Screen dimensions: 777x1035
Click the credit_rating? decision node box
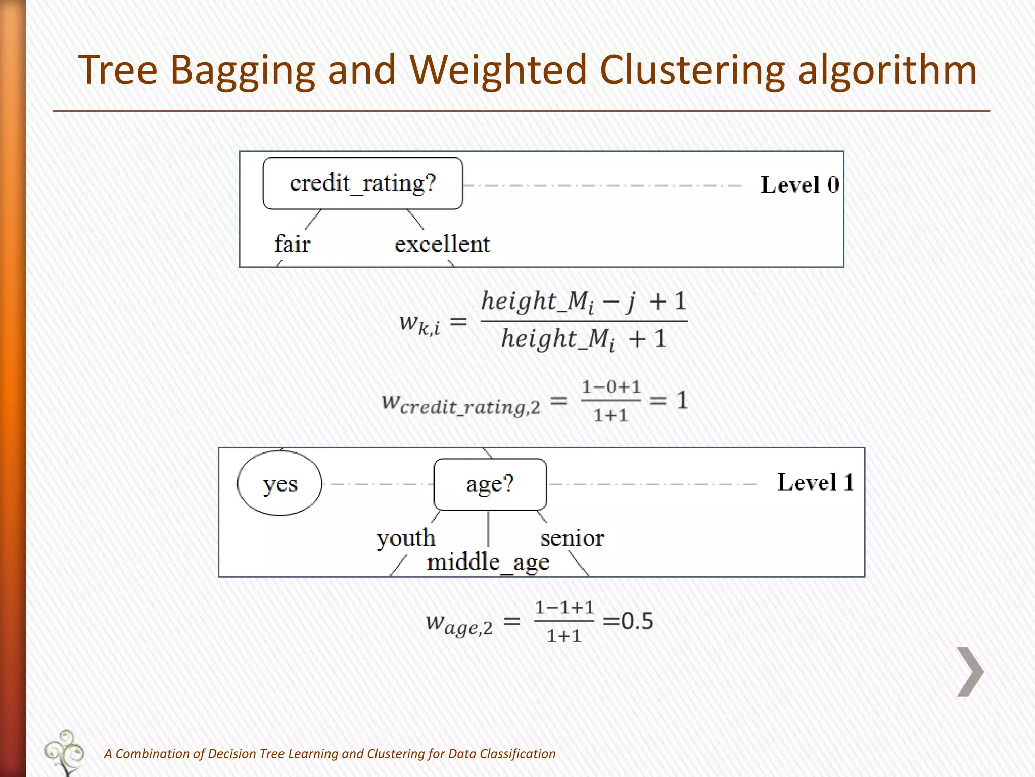(362, 183)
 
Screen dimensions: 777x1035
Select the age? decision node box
(490, 484)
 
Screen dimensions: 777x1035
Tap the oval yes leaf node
(279, 484)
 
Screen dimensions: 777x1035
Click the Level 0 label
(799, 185)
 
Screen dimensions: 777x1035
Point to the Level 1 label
(815, 482)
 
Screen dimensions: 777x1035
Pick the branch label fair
(292, 244)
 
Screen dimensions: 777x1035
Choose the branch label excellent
(442, 244)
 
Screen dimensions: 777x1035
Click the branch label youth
(405, 538)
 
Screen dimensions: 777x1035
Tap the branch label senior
(572, 538)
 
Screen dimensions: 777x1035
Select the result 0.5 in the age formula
(637, 621)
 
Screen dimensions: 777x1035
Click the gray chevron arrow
(970, 672)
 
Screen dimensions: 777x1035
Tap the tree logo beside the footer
(65, 752)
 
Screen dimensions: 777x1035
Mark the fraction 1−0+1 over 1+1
(610, 401)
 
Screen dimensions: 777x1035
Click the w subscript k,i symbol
(419, 323)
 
